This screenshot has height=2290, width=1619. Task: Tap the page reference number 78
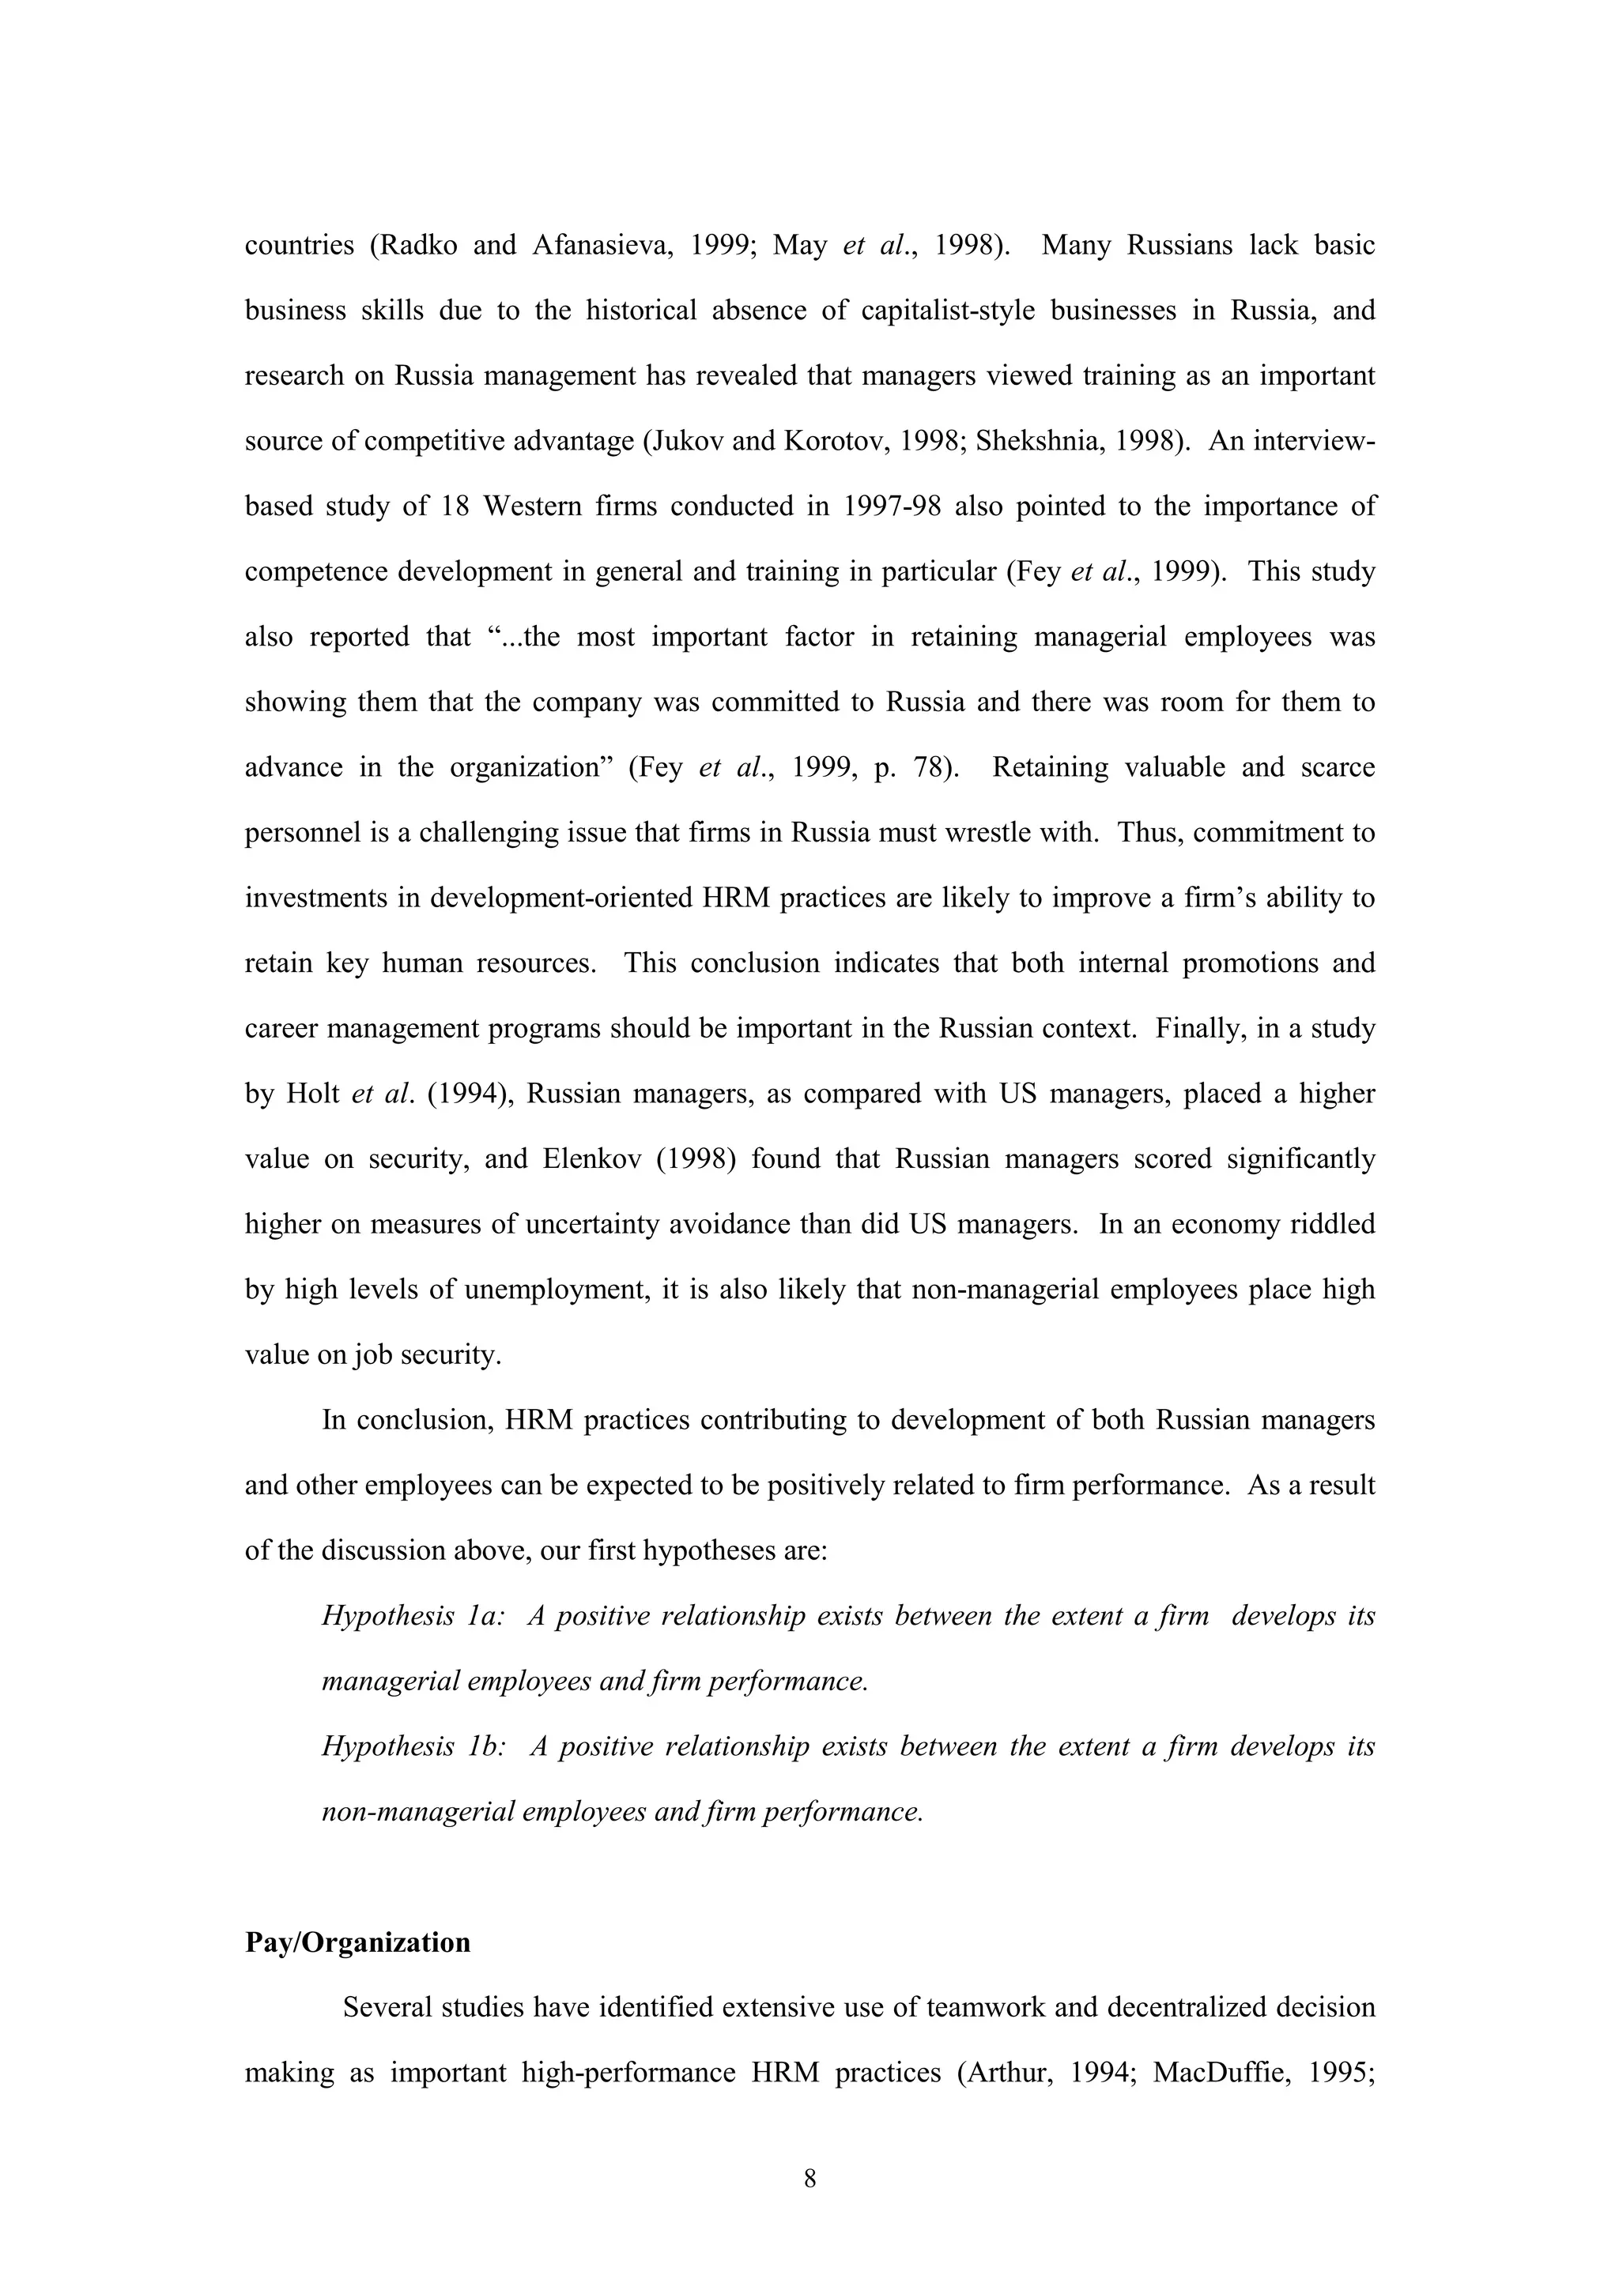[929, 767]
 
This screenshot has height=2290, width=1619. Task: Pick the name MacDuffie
[1223, 2073]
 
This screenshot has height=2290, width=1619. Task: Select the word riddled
[1332, 1224]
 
